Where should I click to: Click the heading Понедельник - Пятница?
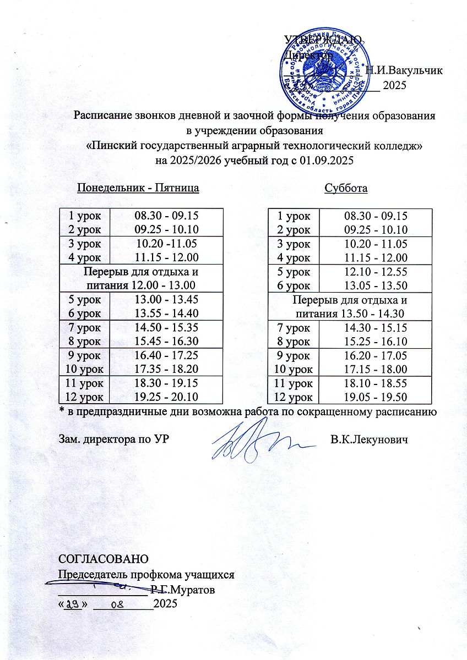coord(138,188)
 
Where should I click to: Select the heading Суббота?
coord(346,188)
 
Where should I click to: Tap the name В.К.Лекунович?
coord(369,441)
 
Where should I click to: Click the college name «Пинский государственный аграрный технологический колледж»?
coord(255,146)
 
